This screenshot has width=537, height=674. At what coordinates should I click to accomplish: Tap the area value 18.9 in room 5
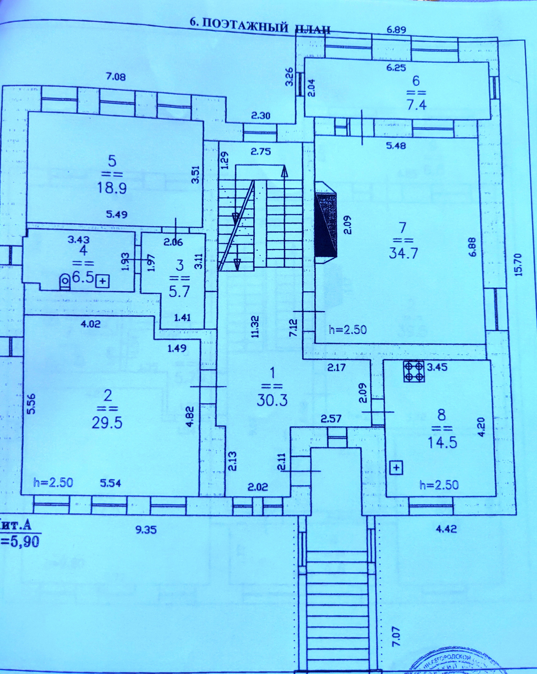pyautogui.click(x=112, y=188)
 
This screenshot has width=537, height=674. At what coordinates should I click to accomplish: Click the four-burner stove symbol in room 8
pyautogui.click(x=414, y=371)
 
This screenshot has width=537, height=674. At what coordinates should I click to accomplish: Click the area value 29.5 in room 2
pyautogui.click(x=107, y=423)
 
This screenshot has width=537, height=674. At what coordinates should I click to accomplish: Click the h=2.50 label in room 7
pyautogui.click(x=347, y=330)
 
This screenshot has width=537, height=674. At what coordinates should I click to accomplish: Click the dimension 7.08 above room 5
pyautogui.click(x=116, y=76)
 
